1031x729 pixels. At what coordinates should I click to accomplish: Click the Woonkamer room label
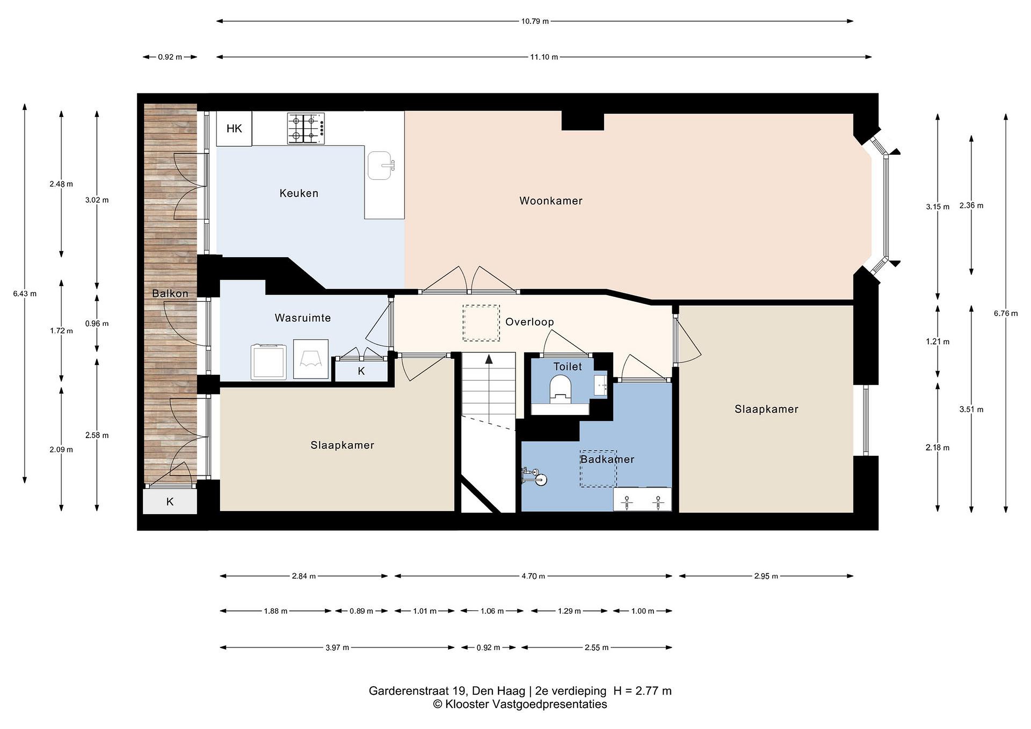[x=551, y=201]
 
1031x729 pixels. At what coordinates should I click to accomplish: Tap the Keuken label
[x=299, y=193]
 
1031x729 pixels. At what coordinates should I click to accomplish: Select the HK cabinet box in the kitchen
[x=234, y=129]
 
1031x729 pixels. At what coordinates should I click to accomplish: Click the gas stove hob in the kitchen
[x=306, y=129]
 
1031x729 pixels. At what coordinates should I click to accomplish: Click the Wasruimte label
[x=302, y=318]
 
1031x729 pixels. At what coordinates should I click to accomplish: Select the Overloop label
[x=529, y=322]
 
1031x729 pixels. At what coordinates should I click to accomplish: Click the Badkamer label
[x=607, y=459]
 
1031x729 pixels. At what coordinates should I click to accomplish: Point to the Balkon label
[x=170, y=293]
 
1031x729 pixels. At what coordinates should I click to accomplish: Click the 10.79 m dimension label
[x=535, y=21]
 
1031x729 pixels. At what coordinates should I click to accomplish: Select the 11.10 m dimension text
[x=544, y=57]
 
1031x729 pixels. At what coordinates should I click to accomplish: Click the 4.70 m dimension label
[x=533, y=576]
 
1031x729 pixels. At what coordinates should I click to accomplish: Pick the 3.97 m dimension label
[x=337, y=648]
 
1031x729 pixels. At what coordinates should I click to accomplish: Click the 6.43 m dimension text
[x=25, y=293]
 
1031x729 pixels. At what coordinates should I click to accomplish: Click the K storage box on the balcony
[x=170, y=501]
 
